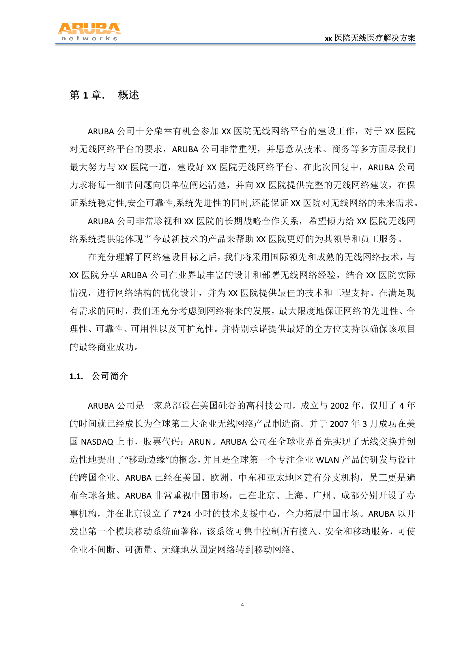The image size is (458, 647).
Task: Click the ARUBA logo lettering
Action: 89,29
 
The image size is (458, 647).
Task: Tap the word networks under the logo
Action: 89,39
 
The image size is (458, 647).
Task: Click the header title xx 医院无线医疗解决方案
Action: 370,38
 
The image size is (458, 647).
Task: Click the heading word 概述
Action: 128,95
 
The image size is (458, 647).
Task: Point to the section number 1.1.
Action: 76,376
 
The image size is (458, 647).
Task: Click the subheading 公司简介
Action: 109,376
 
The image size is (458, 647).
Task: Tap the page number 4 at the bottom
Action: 242,605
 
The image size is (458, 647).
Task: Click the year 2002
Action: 340,406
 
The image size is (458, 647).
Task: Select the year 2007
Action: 339,424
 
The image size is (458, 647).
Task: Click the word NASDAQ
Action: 97,442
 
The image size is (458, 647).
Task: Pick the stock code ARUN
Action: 200,442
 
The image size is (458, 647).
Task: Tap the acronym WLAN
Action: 328,460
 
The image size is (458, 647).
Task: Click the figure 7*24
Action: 182,514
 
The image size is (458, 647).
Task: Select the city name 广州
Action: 322,496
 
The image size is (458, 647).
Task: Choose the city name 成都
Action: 350,496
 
